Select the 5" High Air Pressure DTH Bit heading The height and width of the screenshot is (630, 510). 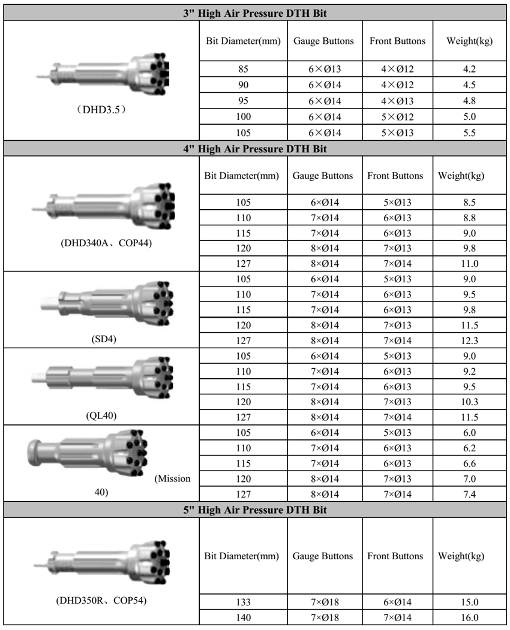(x=254, y=511)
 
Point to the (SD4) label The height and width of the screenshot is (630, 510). (x=101, y=339)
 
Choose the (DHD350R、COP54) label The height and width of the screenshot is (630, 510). (x=101, y=601)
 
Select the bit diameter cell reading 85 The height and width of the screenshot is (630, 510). (x=244, y=69)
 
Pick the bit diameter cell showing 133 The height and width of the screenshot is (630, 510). (x=243, y=602)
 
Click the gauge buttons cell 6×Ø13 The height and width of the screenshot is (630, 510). (x=324, y=69)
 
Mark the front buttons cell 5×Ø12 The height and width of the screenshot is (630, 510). (x=397, y=116)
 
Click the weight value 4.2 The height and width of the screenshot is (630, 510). (x=470, y=69)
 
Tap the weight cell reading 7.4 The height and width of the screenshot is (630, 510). (x=470, y=494)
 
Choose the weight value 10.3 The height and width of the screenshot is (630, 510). (x=470, y=402)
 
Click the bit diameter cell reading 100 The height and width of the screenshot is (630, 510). (x=244, y=116)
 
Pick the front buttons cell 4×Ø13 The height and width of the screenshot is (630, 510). (x=397, y=101)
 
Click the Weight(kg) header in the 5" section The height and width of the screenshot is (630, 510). (x=461, y=556)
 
